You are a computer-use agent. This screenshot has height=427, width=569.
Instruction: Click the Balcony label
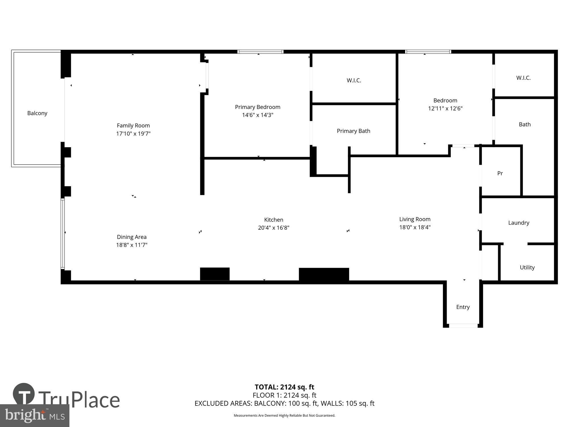[37, 113]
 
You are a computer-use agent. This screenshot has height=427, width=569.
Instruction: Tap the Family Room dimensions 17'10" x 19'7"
[133, 134]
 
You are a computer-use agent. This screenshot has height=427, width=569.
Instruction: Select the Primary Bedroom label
[258, 107]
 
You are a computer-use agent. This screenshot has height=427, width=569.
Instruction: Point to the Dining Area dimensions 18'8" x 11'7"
[132, 245]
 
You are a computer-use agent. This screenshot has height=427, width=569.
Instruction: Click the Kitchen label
[274, 220]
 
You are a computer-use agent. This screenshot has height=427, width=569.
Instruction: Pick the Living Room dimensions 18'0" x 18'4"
[415, 227]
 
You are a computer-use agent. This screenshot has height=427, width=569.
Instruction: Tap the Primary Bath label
[354, 131]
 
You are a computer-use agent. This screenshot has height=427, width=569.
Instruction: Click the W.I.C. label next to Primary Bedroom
[354, 80]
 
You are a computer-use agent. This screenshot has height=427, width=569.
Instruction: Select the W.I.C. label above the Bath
[523, 78]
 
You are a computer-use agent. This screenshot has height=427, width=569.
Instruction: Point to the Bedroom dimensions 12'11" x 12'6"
[445, 108]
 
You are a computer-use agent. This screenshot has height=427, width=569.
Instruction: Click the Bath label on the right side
[525, 124]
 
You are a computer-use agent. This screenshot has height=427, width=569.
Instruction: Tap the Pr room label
[500, 173]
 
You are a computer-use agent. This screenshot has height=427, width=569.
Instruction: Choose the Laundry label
[519, 223]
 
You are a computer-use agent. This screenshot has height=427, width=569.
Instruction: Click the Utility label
[527, 267]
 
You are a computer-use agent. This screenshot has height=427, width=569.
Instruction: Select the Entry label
[463, 307]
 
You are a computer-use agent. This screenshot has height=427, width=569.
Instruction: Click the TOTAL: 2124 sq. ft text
[284, 387]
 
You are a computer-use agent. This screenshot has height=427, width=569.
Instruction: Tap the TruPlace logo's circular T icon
[24, 394]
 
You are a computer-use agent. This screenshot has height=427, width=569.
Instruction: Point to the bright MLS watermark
[35, 416]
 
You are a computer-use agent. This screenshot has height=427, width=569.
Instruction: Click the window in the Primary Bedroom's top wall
[260, 52]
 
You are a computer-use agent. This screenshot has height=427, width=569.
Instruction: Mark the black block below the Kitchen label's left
[215, 274]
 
